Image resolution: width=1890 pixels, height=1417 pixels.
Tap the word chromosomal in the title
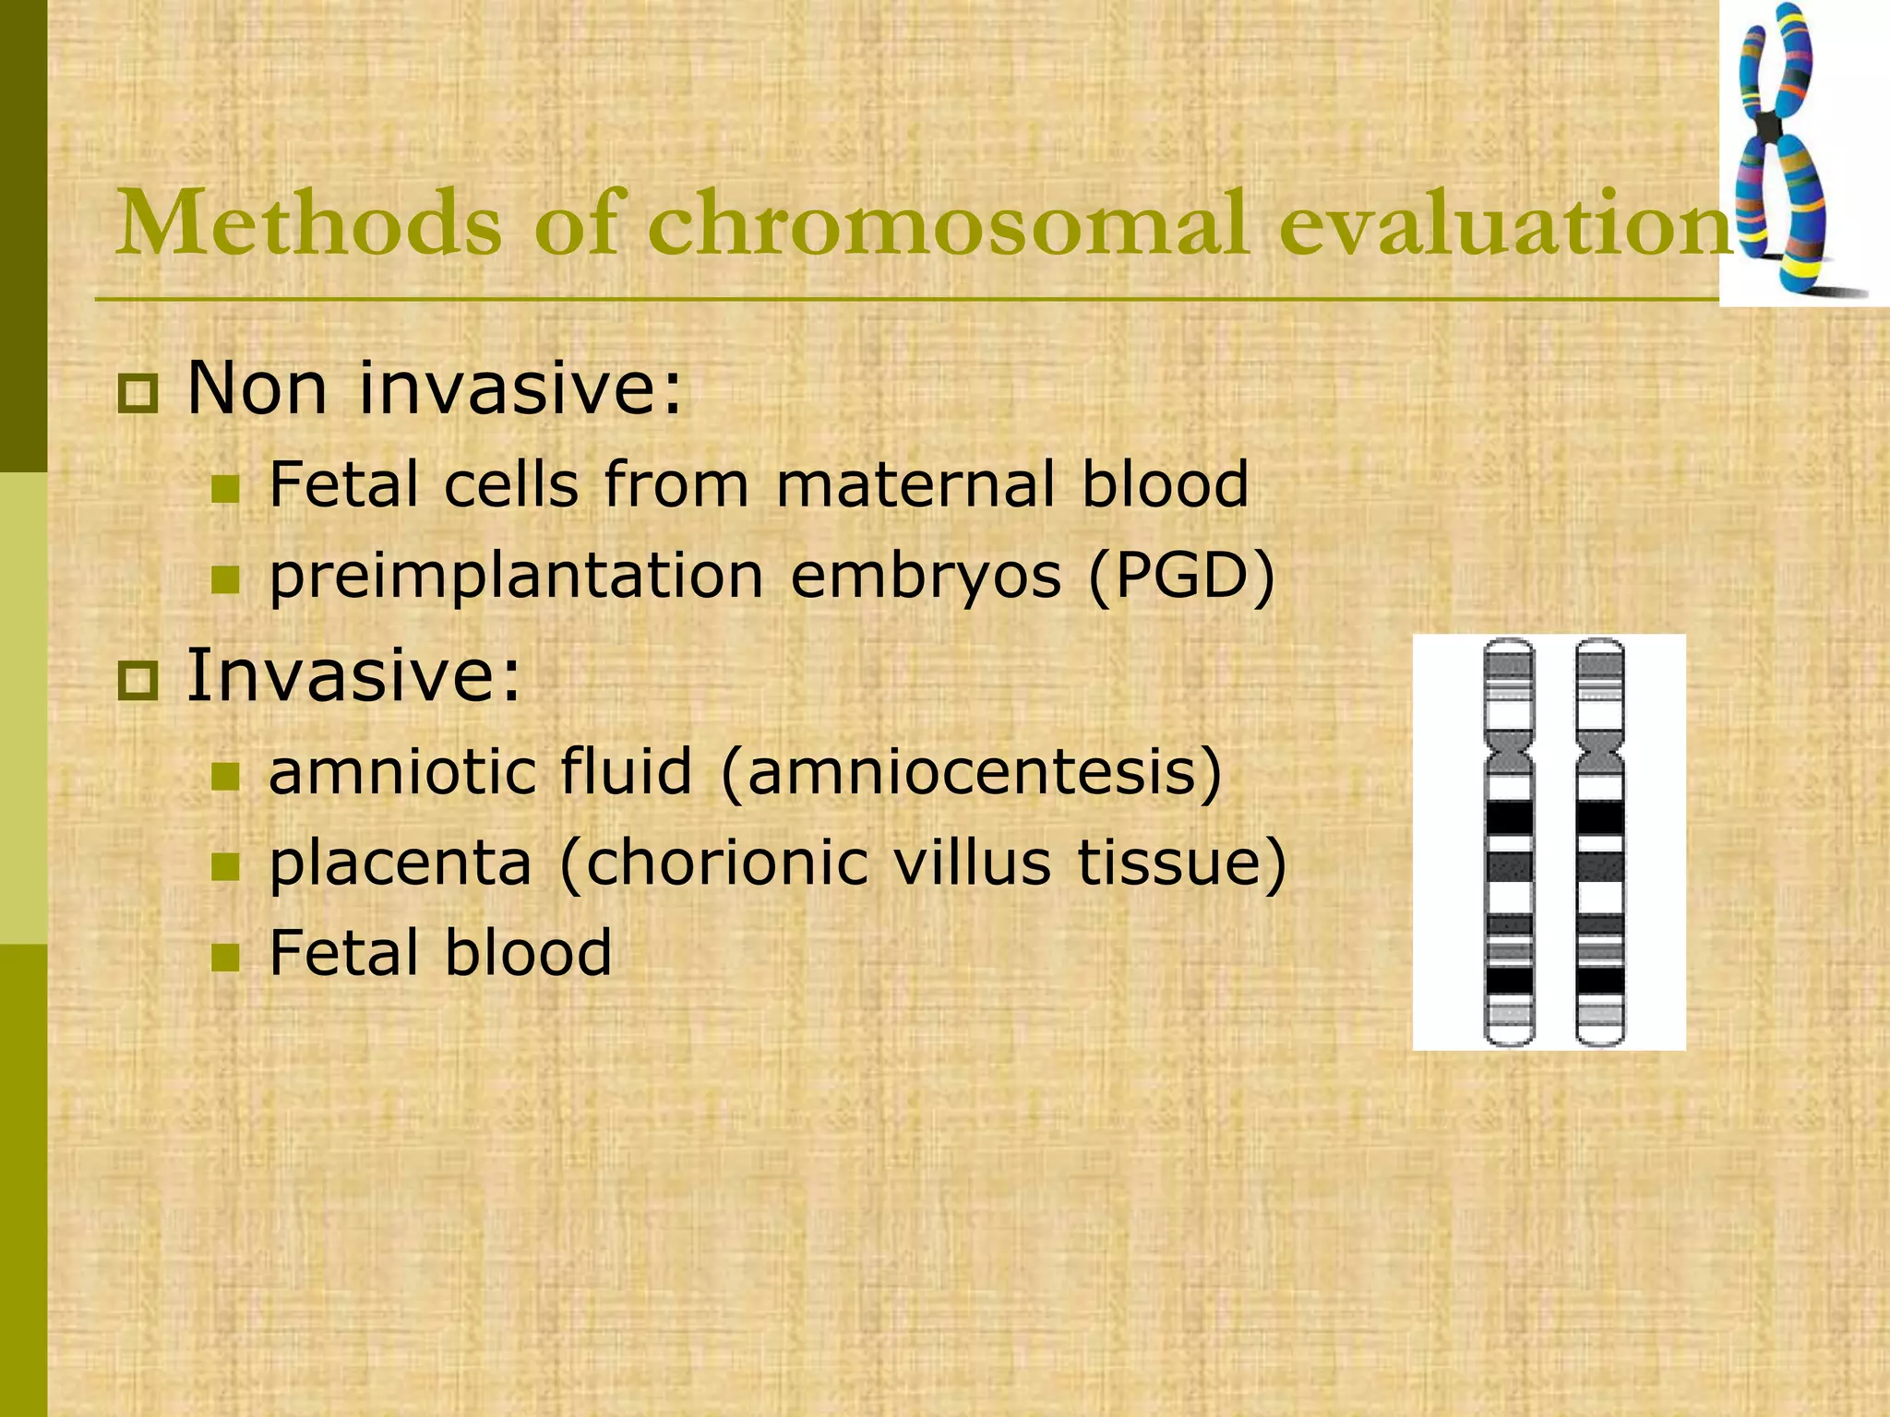(x=947, y=224)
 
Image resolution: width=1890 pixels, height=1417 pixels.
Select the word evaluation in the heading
(x=1504, y=224)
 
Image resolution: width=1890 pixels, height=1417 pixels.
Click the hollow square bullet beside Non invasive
(x=138, y=394)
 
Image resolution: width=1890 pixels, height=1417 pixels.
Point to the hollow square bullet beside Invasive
(x=138, y=681)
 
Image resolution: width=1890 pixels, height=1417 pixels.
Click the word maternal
(x=915, y=484)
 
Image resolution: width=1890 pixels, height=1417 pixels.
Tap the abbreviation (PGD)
(x=1182, y=577)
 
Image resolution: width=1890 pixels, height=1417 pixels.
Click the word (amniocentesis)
(x=971, y=772)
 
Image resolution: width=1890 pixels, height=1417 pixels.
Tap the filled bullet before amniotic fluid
(x=225, y=777)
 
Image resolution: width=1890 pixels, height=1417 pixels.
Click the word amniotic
(x=480, y=772)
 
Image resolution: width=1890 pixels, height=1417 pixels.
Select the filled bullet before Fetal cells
(x=225, y=489)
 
